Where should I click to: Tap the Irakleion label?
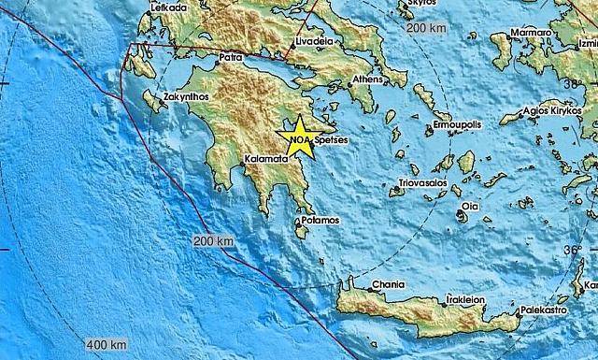pyautogui.click(x=463, y=300)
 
